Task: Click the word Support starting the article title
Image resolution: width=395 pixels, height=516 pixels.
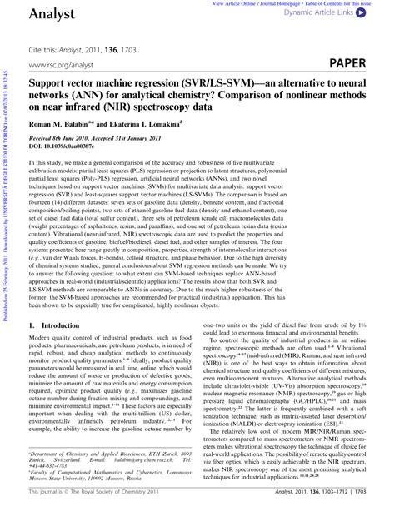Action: [x=49, y=84]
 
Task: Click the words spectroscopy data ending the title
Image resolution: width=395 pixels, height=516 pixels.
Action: [x=182, y=106]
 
